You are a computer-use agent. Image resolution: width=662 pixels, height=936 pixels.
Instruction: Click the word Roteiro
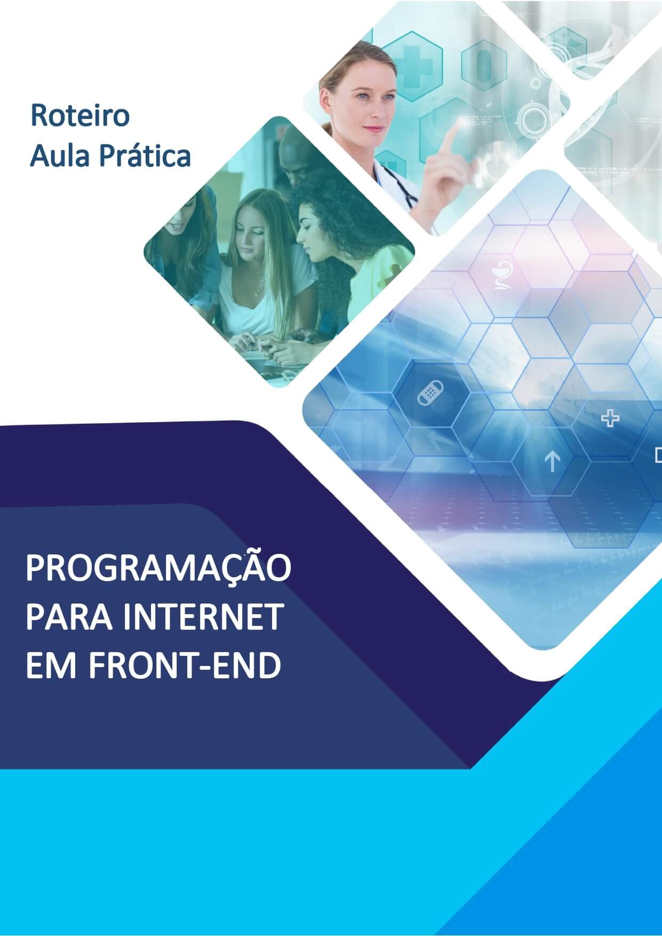[80, 115]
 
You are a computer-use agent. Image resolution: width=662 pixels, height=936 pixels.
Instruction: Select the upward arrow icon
[553, 462]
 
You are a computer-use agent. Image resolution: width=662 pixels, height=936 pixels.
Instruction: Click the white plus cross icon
[610, 418]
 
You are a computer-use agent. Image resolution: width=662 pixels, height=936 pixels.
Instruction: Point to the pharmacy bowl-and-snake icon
[501, 276]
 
